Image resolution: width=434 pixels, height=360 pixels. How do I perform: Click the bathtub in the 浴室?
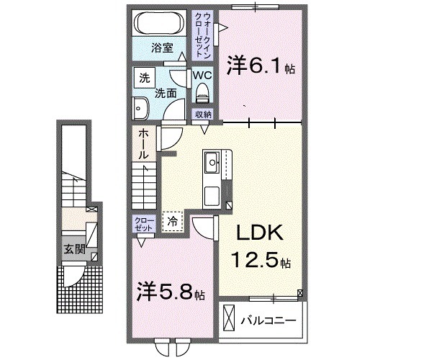(160, 23)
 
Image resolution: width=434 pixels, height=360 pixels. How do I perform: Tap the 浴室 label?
(162, 48)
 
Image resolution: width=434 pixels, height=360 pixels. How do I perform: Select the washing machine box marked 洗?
(145, 78)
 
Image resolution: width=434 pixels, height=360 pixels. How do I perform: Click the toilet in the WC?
(202, 94)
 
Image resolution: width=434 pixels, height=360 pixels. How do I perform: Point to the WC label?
(202, 75)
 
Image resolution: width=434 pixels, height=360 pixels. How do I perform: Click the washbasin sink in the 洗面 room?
(141, 108)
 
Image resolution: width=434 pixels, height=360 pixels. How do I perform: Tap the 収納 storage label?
(204, 114)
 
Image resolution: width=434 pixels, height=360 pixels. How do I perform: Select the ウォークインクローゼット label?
(203, 35)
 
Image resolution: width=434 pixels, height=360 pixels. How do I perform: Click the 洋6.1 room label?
(260, 67)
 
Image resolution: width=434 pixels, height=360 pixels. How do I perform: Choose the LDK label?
(260, 233)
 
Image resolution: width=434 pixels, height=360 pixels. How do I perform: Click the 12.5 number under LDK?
(254, 261)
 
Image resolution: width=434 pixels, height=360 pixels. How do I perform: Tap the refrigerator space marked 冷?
(173, 221)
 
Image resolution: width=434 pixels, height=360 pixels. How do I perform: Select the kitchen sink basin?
(212, 161)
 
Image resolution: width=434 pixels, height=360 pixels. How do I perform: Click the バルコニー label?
(268, 321)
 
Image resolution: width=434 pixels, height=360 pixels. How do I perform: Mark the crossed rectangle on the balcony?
(229, 318)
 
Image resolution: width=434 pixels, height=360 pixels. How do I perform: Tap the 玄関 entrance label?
(74, 250)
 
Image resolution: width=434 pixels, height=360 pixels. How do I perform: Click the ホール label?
(143, 144)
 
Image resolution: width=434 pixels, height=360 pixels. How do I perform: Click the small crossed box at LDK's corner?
(300, 293)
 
